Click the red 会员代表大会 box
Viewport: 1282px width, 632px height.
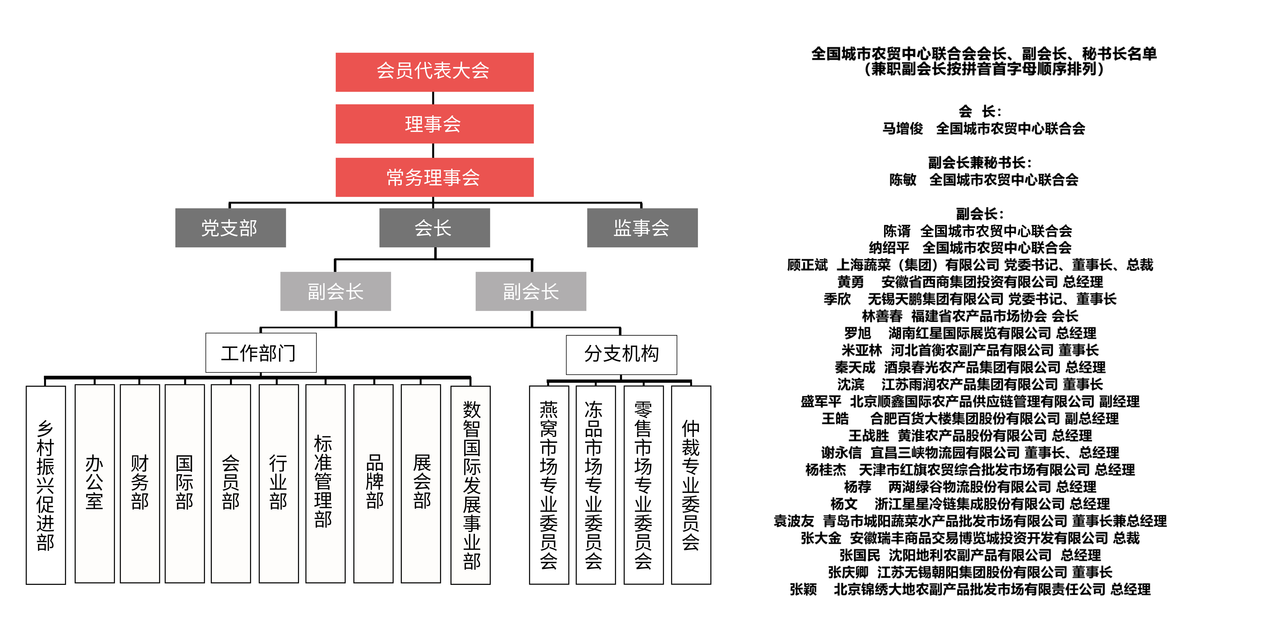coord(434,72)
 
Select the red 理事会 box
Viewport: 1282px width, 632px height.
coord(434,124)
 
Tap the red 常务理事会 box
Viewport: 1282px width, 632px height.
coord(434,177)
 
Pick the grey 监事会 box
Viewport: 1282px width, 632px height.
coord(642,228)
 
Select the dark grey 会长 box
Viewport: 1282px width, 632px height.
coord(434,228)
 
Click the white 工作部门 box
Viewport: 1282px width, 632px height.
coord(261,353)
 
